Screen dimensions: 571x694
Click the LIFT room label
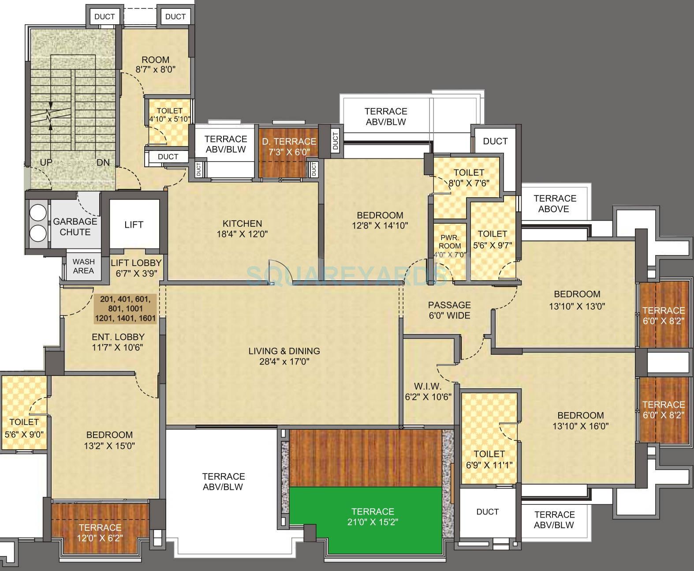[134, 225]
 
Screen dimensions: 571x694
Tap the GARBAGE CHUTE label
[75, 227]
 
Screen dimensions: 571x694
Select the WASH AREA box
[83, 267]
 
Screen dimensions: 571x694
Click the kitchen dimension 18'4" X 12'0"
[242, 234]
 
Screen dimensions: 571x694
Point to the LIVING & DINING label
[284, 351]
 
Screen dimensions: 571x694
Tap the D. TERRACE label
[289, 142]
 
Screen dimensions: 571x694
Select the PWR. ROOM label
[449, 241]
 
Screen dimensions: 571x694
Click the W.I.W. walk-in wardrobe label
[428, 386]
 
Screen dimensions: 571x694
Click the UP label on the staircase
[46, 162]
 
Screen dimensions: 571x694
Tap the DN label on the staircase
[103, 162]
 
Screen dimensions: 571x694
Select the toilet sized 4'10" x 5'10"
[169, 115]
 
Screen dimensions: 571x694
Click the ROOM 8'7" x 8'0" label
[155, 60]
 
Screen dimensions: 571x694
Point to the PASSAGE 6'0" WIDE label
[449, 310]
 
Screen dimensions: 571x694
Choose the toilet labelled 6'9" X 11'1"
[489, 459]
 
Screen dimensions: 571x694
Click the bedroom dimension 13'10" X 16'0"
[580, 426]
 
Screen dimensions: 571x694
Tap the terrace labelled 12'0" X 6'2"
[100, 533]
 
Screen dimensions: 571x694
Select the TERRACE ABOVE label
[554, 203]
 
